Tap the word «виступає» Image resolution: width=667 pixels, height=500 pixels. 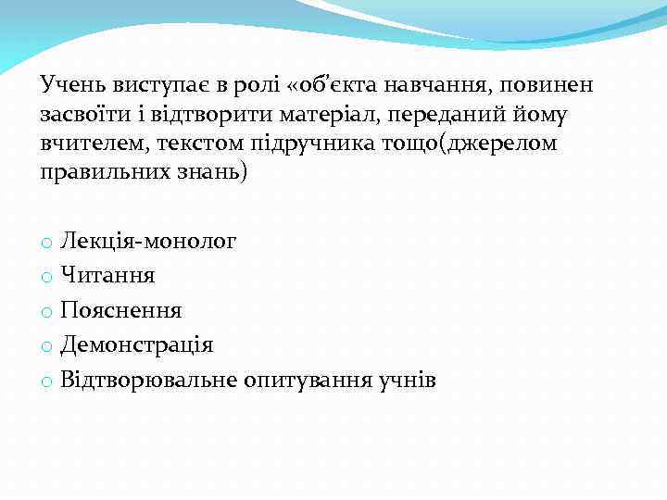tap(148, 86)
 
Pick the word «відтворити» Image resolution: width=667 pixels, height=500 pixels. tap(196, 115)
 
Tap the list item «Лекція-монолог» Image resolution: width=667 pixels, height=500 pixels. tap(148, 243)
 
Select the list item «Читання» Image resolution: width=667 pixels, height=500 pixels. tap(107, 276)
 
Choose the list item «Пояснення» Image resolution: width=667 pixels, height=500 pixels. tap(121, 310)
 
